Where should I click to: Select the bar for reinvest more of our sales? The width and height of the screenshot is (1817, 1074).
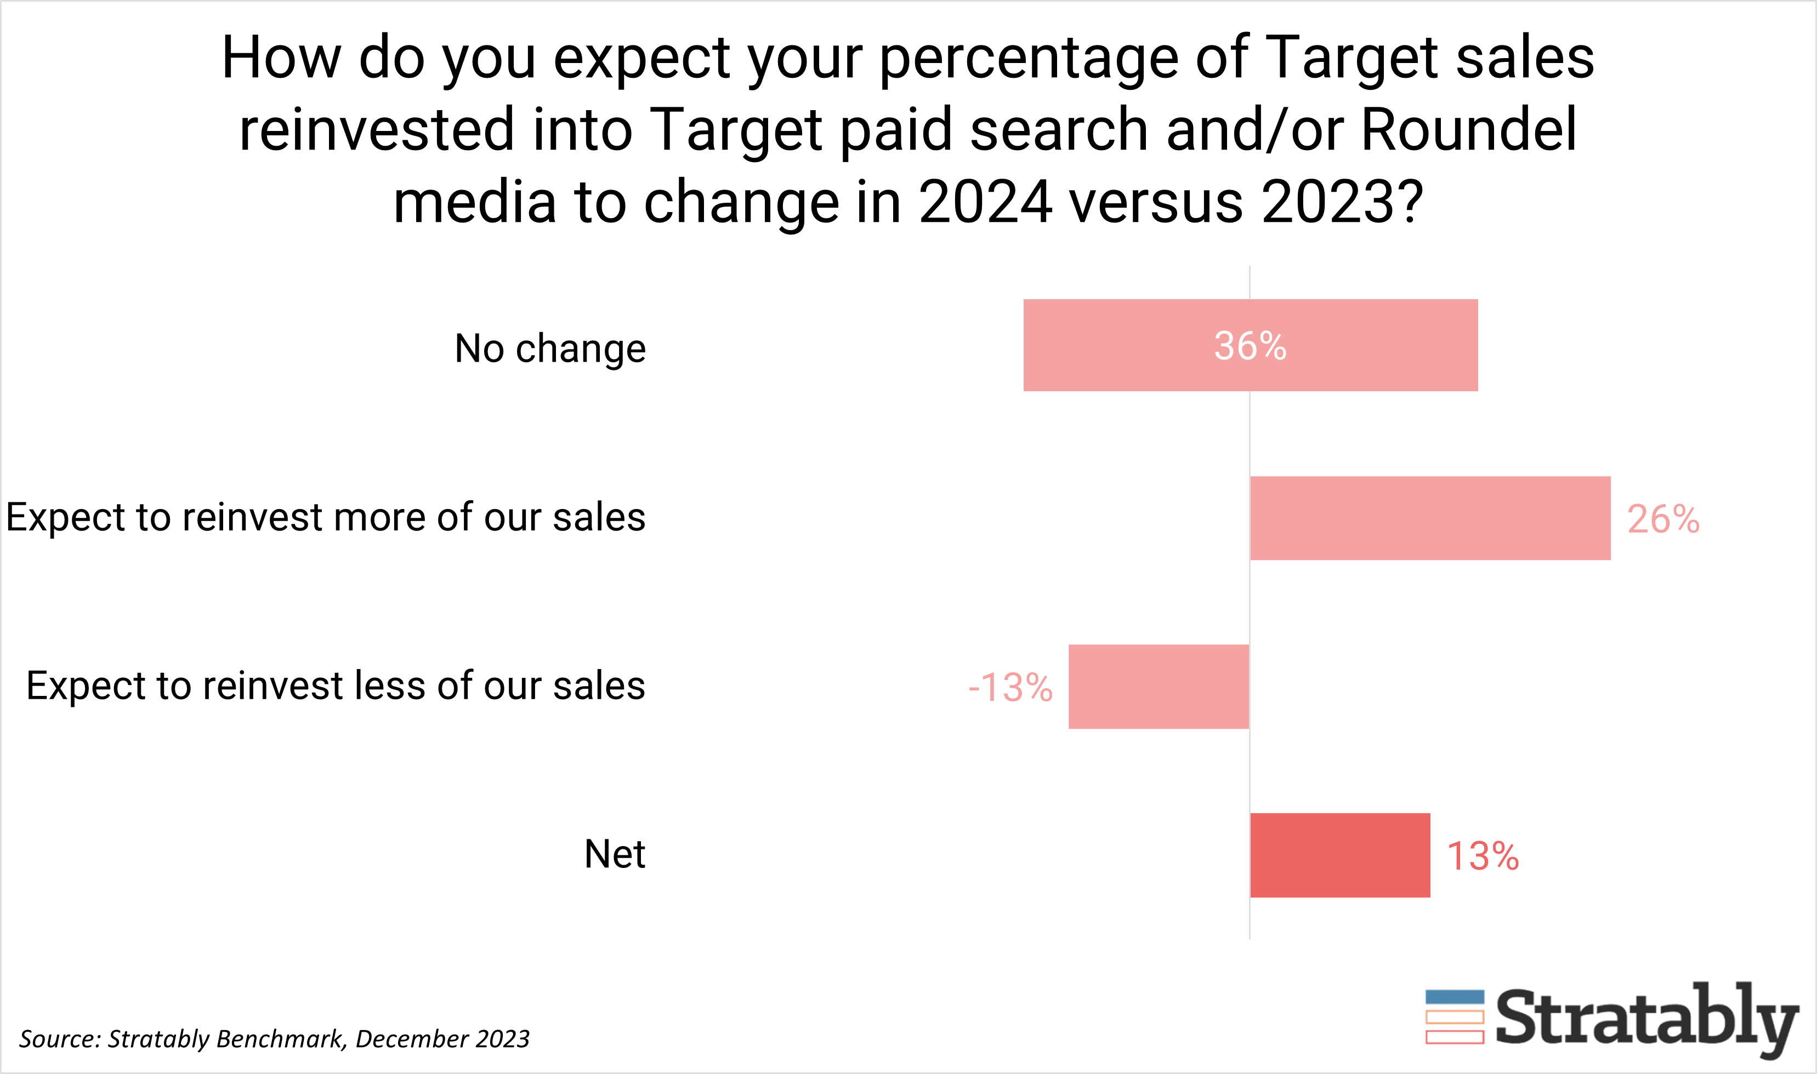pos(1430,518)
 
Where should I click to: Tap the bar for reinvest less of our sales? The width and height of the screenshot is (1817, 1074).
pos(1159,687)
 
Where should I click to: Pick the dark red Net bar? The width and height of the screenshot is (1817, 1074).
pos(1339,855)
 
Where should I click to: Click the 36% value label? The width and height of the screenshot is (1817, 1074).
pos(1250,346)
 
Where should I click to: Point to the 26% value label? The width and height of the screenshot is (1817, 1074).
pos(1663,519)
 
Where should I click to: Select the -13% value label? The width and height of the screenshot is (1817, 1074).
pos(1010,688)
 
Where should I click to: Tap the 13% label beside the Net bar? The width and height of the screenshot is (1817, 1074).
pos(1482,856)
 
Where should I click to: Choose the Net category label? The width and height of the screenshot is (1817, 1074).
pos(614,854)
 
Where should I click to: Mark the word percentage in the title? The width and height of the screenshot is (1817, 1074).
pos(1028,59)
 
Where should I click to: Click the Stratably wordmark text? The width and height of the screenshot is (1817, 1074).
pos(1647,1018)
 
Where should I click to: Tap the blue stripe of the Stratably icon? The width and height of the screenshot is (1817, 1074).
pos(1455,997)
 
